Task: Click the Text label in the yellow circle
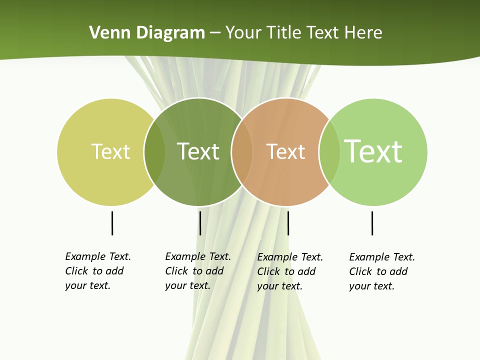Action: click(x=110, y=151)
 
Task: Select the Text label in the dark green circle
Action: click(x=198, y=151)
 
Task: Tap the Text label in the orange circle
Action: click(x=285, y=151)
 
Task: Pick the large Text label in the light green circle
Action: click(x=373, y=151)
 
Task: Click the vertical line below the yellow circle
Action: click(x=112, y=223)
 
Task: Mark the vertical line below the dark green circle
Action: click(x=200, y=223)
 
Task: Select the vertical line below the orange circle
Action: click(x=288, y=223)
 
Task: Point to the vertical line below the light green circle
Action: click(x=372, y=223)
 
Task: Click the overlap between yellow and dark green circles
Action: click(x=155, y=151)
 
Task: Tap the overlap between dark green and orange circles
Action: click(x=242, y=151)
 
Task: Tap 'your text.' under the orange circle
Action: click(x=279, y=286)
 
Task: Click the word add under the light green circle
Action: click(x=398, y=271)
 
